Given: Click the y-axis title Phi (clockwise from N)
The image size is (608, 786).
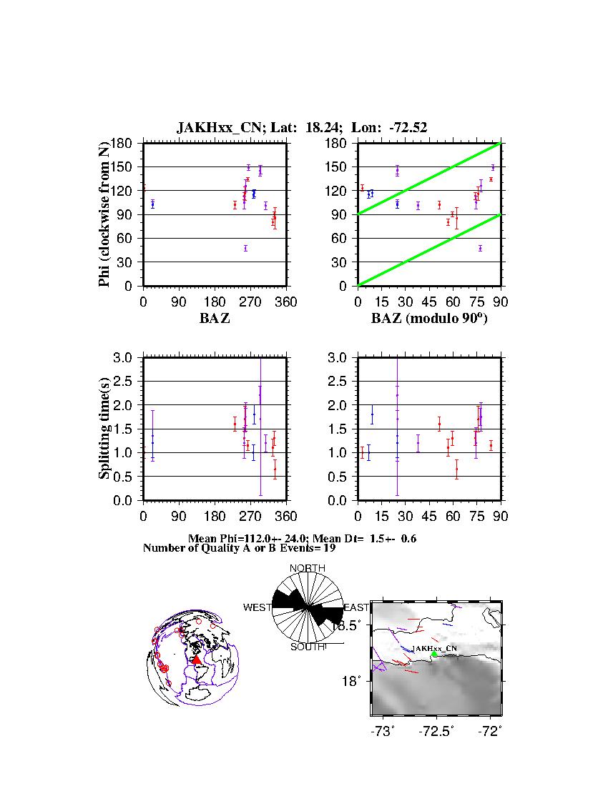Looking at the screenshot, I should [105, 214].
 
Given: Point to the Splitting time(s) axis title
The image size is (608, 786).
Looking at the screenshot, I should [105, 429].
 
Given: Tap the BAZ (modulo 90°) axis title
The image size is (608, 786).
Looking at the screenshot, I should [428, 319].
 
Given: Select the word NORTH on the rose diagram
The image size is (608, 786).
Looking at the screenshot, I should [307, 568].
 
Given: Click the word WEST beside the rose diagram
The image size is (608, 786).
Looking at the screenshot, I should [257, 607].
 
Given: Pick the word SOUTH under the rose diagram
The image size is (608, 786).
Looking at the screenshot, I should [307, 647].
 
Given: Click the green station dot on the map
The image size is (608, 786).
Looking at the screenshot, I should [434, 654].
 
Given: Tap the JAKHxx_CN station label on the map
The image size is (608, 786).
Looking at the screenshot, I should [434, 647].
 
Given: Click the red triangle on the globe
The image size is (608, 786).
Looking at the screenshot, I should [197, 660].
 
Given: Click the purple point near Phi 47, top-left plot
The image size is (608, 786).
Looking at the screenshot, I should [245, 248].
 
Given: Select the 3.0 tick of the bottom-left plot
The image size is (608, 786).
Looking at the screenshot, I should [125, 357].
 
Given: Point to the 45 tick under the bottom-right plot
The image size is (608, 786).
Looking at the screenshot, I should [428, 517].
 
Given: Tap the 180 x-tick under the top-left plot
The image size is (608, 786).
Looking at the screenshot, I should [215, 302].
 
